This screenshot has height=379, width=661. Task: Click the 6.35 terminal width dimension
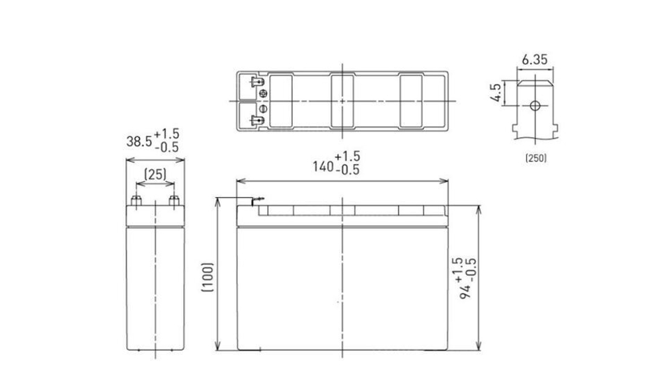click(534, 60)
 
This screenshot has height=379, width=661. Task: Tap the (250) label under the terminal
click(535, 159)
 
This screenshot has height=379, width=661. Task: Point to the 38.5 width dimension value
click(138, 141)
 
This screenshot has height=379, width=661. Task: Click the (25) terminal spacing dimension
click(155, 175)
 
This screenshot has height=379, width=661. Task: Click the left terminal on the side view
click(136, 200)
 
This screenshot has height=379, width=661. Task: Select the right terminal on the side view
click(175, 200)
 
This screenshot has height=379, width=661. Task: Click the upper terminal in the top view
click(256, 82)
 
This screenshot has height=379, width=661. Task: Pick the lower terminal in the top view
click(256, 120)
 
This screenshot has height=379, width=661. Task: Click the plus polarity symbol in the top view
click(264, 93)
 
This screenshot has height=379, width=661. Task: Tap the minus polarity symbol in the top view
click(264, 108)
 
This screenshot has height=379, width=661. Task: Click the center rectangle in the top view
click(342, 101)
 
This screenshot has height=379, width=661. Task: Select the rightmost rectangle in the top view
click(410, 101)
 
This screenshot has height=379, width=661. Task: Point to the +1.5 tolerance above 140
click(348, 156)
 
